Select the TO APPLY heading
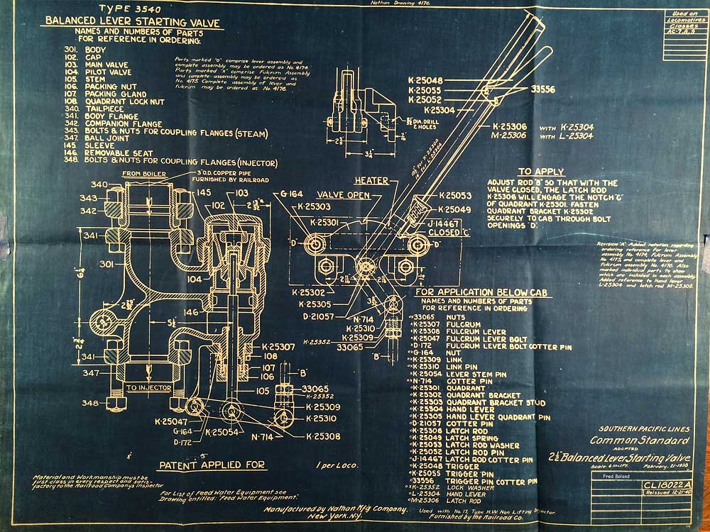coord(541,172)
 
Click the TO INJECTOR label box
coord(150,388)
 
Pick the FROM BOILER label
coord(144,174)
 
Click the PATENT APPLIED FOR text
coord(212,465)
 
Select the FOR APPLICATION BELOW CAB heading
coord(475,292)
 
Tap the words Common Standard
coord(633,440)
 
